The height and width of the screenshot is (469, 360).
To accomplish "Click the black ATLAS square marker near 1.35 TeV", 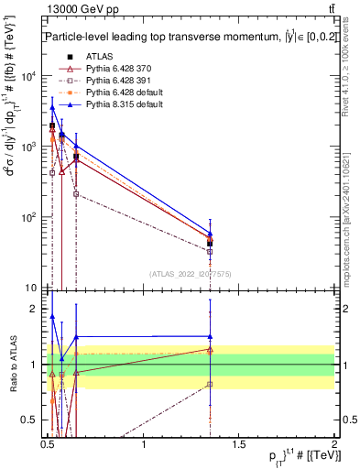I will (211, 244).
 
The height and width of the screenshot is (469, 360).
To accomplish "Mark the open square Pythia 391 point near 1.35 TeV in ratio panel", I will (211, 385).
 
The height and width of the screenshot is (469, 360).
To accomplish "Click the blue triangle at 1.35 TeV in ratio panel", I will (211, 337).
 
